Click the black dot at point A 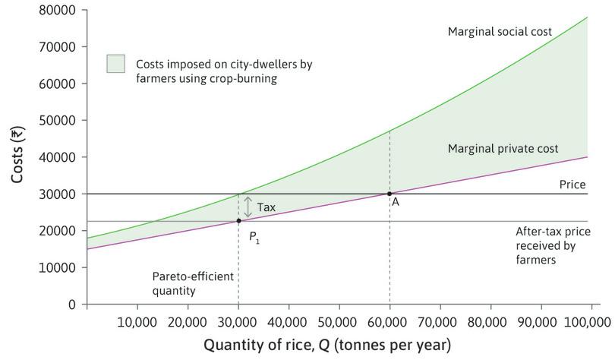(389, 194)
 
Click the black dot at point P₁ (238, 221)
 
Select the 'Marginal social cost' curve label (500, 32)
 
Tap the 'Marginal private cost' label (503, 149)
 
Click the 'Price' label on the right (572, 185)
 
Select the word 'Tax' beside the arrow (266, 207)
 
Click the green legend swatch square (116, 64)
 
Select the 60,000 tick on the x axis (389, 320)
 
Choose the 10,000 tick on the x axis (137, 320)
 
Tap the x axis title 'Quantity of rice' (326, 346)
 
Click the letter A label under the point (396, 203)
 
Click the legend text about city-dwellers (223, 71)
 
